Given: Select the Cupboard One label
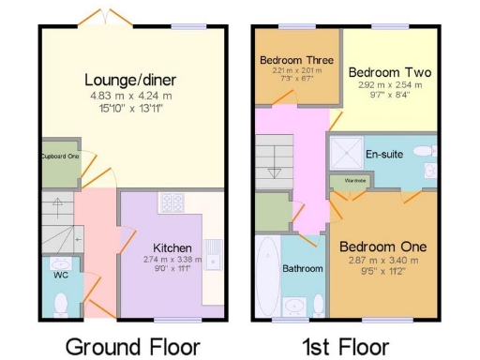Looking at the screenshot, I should click(x=59, y=156).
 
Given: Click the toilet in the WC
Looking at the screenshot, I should click(x=60, y=303).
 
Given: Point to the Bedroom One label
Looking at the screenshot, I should click(x=382, y=246).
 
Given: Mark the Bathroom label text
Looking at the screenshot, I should click(x=303, y=268).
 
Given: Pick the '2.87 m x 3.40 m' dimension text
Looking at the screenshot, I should click(x=382, y=260).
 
